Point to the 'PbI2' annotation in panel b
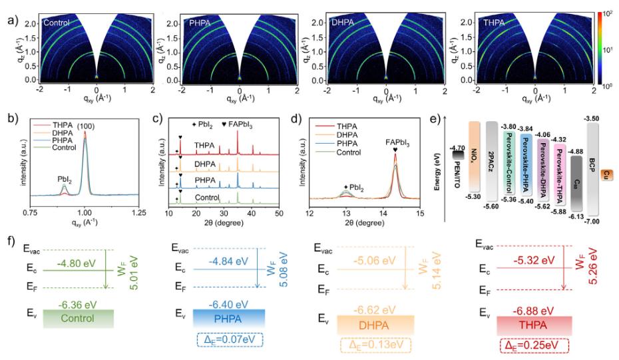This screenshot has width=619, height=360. point(64,179)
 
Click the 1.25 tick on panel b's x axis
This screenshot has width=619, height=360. point(138,212)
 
